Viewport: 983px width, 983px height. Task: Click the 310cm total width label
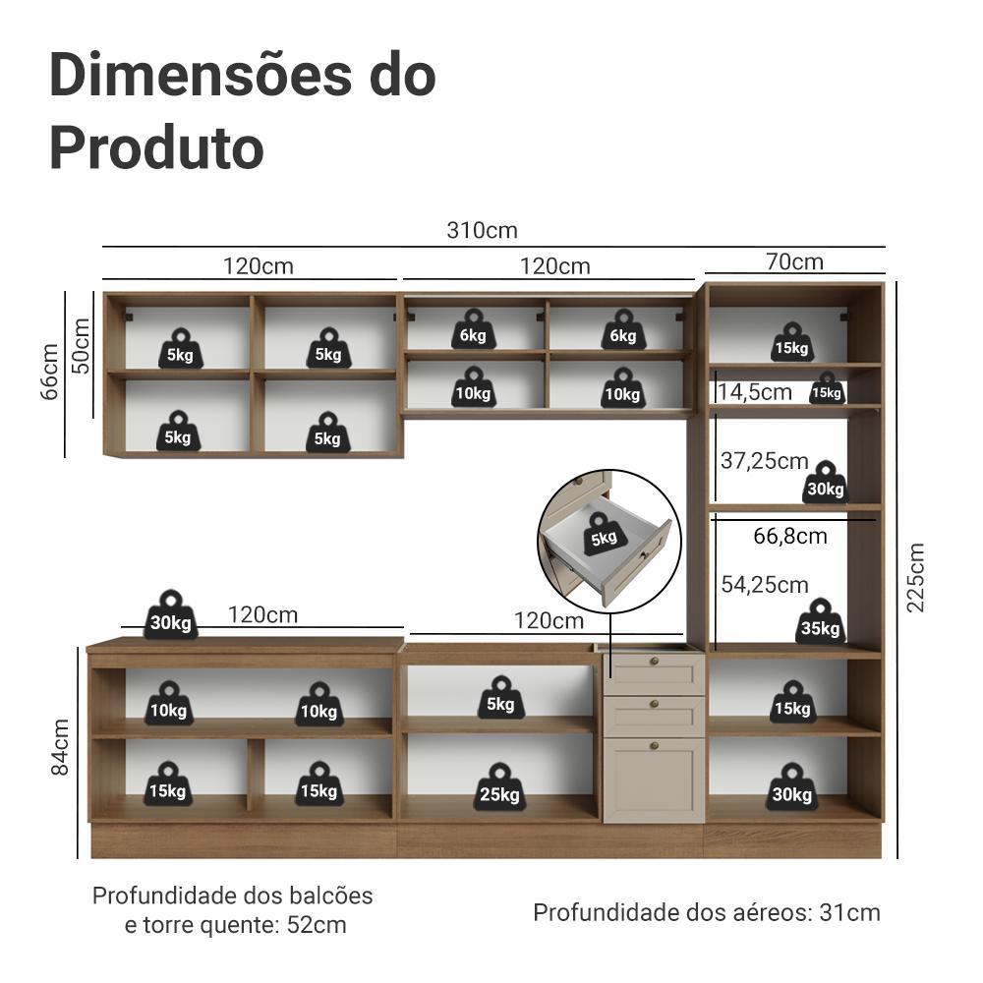click(482, 231)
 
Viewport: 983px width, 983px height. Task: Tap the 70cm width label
click(794, 261)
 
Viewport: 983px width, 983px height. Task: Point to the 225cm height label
click(915, 577)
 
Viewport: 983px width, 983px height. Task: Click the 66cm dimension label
click(49, 373)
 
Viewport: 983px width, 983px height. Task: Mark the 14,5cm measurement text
click(755, 392)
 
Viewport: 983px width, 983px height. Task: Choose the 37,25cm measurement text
click(765, 461)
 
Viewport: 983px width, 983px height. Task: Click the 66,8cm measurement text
click(790, 536)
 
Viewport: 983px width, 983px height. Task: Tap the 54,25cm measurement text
click(765, 585)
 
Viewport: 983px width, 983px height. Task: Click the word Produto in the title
click(156, 147)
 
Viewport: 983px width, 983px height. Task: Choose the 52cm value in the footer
click(317, 925)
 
